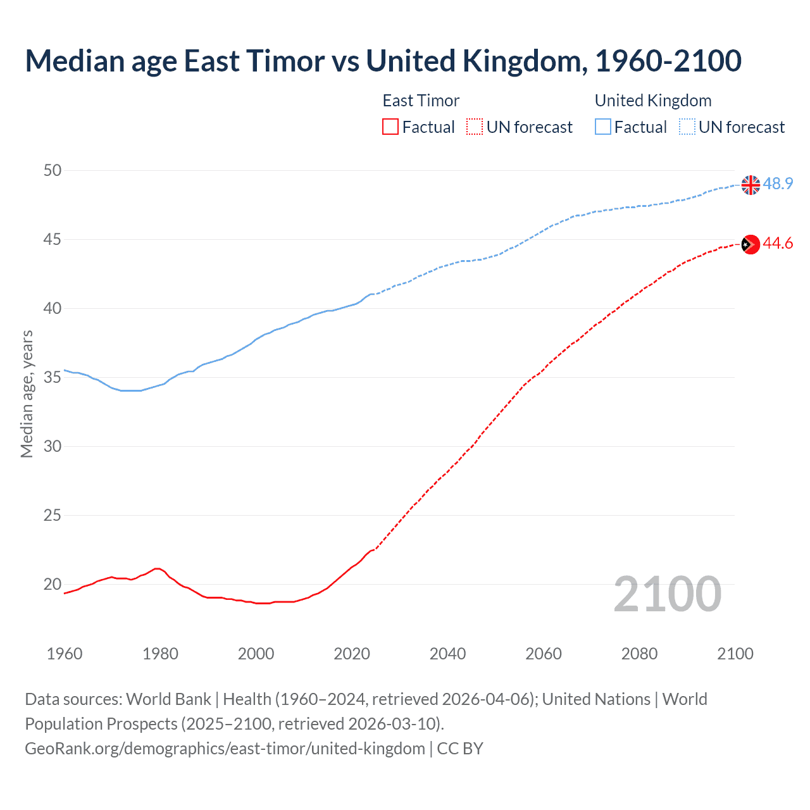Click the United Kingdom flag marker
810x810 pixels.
click(751, 185)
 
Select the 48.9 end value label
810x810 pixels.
click(778, 184)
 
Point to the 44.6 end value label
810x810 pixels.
click(778, 244)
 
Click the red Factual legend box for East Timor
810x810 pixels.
click(390, 127)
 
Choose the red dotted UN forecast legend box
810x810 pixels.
click(475, 127)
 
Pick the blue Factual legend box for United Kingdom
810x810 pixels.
click(603, 127)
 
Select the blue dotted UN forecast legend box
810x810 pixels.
click(687, 127)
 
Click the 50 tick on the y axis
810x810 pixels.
click(53, 170)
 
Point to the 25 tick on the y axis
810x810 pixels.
click(53, 515)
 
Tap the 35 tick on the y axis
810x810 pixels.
click(53, 377)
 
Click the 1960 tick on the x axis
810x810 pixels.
click(65, 654)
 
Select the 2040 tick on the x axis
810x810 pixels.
click(447, 654)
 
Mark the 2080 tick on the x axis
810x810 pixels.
click(639, 654)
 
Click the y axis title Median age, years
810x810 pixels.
click(27, 394)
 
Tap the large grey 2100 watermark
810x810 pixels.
click(667, 594)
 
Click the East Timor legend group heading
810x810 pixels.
click(421, 101)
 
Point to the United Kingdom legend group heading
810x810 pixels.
click(653, 101)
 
